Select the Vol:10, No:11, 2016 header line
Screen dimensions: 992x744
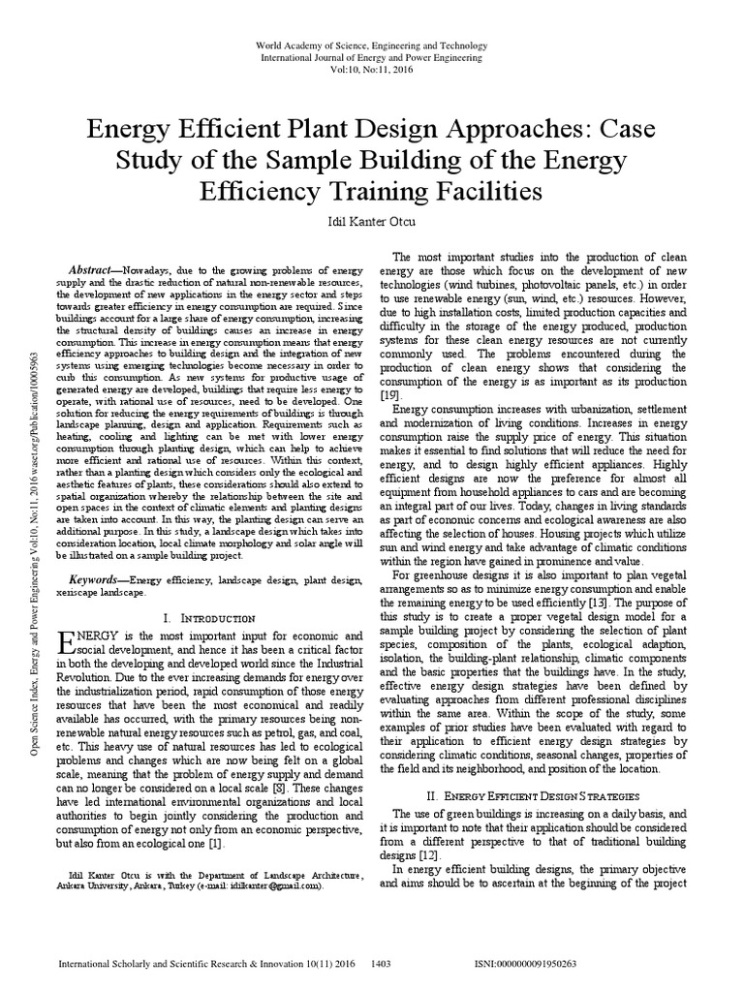coord(372,72)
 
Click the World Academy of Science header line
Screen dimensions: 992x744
coord(372,46)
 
